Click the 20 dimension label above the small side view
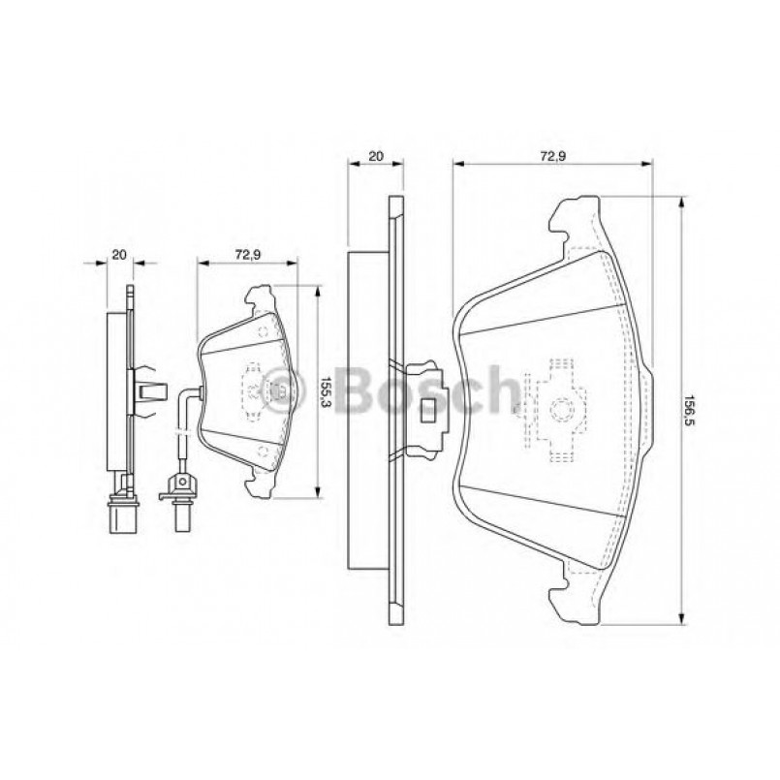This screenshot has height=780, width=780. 119,255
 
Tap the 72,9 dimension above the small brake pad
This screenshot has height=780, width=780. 246,255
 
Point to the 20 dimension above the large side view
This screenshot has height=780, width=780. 376,155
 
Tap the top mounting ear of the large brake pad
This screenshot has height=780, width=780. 574,219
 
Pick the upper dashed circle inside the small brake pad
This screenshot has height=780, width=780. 264,330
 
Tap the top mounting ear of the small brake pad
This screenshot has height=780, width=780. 260,296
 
